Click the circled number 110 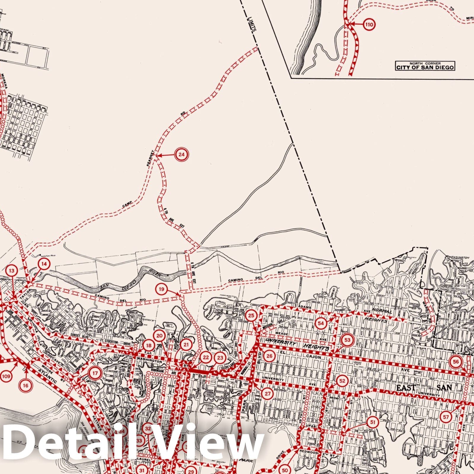click(x=369, y=25)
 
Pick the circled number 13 click(x=12, y=270)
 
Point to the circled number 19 click(x=161, y=289)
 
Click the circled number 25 click(x=251, y=316)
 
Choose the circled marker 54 click(x=321, y=323)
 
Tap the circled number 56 click(x=456, y=362)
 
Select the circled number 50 click(x=285, y=470)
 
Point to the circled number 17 click(x=95, y=373)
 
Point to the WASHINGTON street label click(x=150, y=361)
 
